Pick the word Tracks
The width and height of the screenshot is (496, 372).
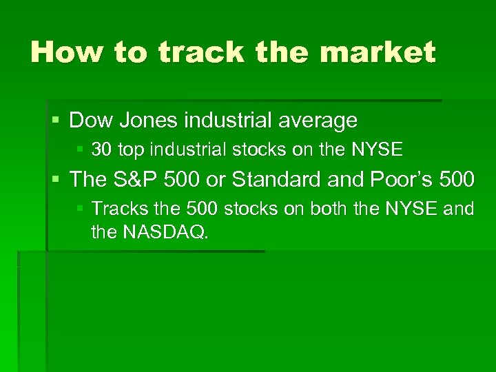point(118,209)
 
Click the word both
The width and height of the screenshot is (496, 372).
point(327,209)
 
